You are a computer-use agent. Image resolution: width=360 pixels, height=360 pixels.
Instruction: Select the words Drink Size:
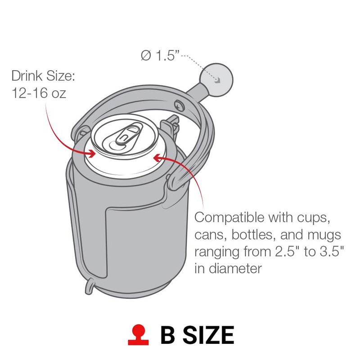point(43,75)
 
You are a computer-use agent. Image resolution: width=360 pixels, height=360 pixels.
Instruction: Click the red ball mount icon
point(138,335)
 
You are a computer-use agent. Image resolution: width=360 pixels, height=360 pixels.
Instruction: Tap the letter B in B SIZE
point(169,335)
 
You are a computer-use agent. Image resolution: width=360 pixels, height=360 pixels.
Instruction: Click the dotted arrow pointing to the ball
point(200,65)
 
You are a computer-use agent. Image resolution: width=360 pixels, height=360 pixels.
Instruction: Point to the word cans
point(211,235)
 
